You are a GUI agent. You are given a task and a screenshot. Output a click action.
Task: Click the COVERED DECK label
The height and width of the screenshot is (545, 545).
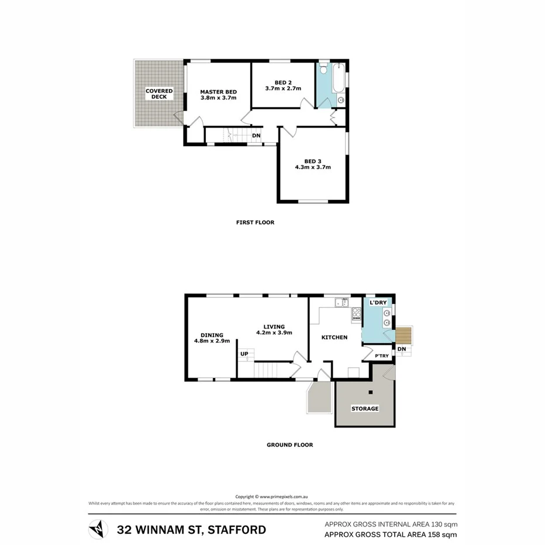pos(159,94)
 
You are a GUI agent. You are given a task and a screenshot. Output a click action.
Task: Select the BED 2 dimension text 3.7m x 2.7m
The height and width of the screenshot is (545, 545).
pos(283,89)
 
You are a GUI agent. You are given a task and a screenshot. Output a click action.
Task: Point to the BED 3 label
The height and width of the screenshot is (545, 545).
pos(313,161)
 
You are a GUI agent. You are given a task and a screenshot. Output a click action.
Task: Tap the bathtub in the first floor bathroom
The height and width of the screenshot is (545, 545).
pos(339,81)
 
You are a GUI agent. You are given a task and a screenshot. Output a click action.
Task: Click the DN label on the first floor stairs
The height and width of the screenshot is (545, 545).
pos(256,136)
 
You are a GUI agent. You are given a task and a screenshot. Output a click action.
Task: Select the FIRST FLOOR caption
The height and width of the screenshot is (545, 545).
pos(255,222)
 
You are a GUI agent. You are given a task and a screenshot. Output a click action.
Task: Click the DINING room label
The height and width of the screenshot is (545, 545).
pos(212,335)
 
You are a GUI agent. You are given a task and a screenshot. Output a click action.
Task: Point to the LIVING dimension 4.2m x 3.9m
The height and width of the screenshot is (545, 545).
pos(274,333)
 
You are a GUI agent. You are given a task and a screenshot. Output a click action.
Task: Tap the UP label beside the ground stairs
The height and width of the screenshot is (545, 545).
pos(244,354)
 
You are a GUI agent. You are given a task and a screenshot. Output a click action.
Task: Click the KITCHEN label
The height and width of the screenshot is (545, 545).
pos(334,337)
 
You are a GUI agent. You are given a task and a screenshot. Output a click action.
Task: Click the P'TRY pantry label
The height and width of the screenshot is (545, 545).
pos(381,356)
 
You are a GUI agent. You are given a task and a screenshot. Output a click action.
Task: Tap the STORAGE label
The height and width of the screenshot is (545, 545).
pos(364,408)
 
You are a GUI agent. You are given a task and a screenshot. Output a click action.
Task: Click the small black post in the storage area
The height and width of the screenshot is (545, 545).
pos(371,392)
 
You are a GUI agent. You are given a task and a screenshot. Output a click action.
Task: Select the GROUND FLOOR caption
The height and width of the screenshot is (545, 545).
pos(289,445)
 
